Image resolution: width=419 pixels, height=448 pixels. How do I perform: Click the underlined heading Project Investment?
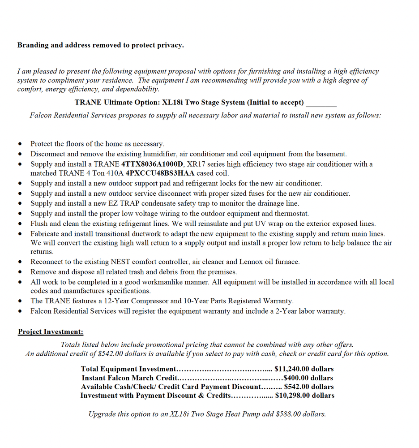(x=51, y=332)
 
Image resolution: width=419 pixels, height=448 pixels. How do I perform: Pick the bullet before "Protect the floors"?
(x=20, y=144)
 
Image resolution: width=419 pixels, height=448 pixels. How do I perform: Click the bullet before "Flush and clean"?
(x=20, y=224)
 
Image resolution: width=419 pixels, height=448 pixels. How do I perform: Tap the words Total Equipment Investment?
(x=128, y=369)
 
